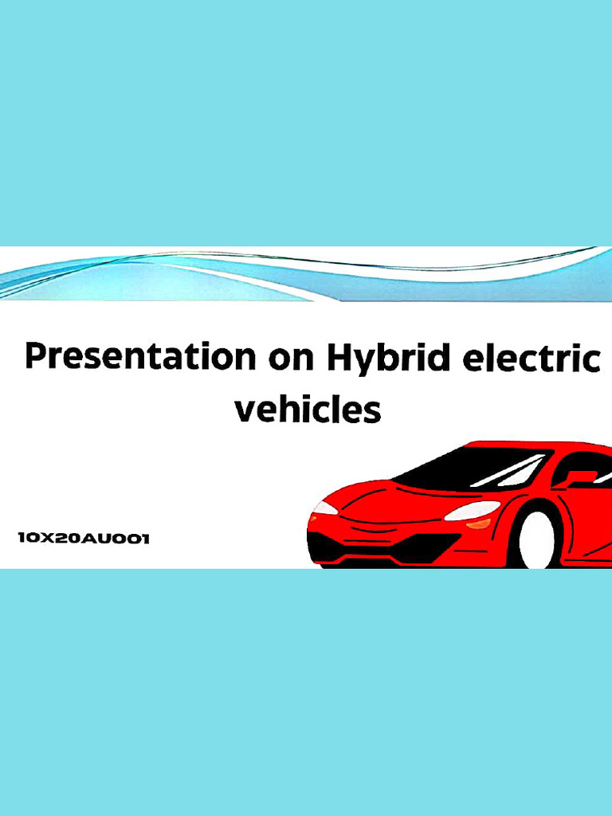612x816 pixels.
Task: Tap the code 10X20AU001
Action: (x=84, y=539)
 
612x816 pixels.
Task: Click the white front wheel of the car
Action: (x=536, y=540)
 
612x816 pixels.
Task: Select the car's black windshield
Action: (x=470, y=468)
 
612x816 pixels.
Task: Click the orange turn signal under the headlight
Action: (x=479, y=524)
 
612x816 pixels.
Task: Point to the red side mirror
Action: (x=579, y=477)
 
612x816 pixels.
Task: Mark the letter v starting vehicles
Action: (x=246, y=411)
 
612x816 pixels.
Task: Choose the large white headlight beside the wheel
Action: (x=472, y=510)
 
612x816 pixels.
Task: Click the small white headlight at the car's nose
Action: (x=324, y=508)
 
